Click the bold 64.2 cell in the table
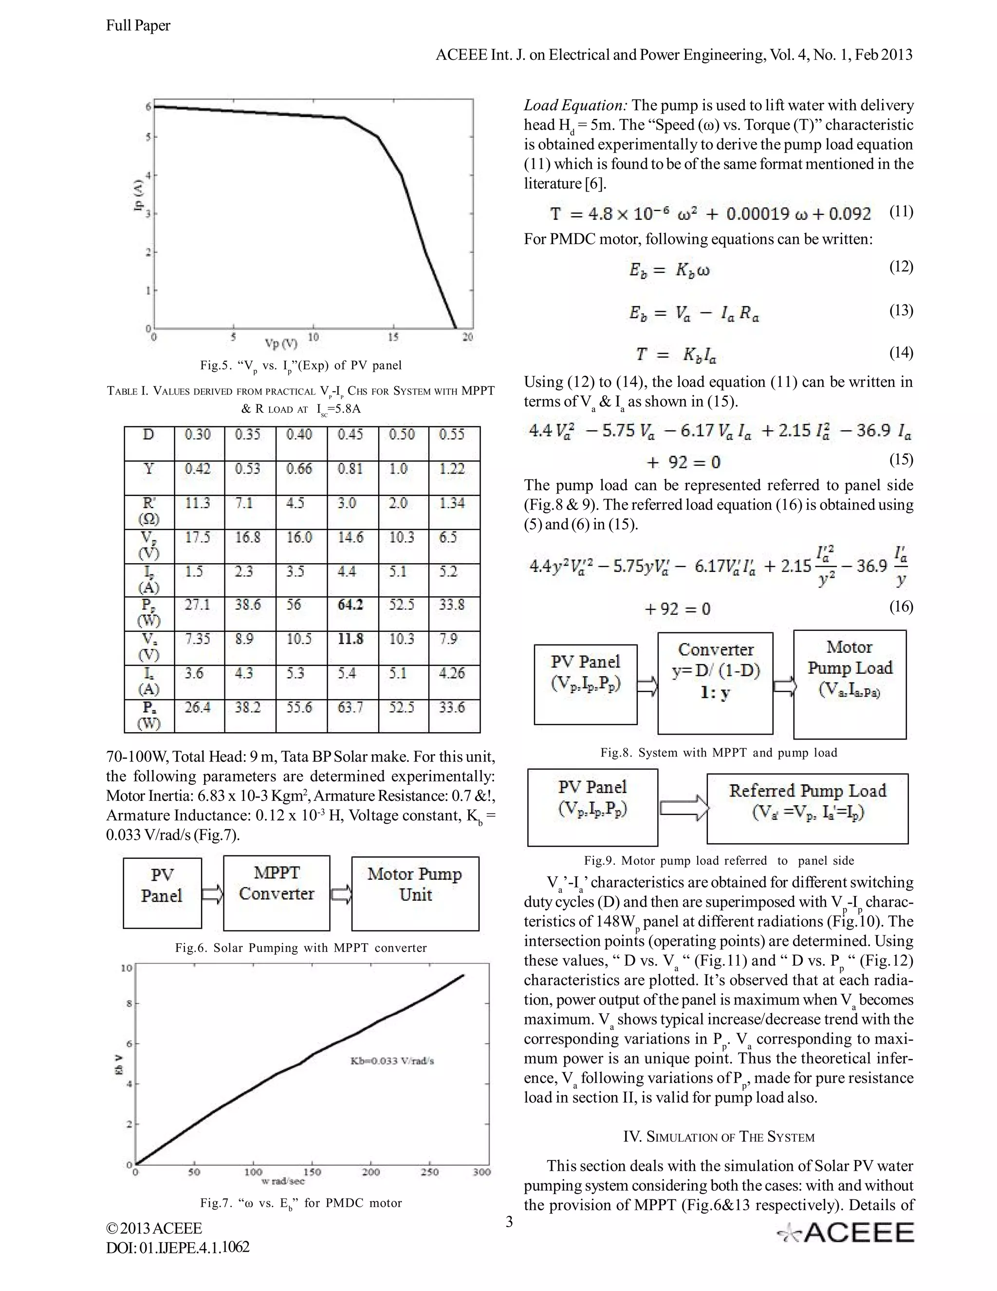click(x=351, y=605)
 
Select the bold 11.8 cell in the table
click(x=351, y=639)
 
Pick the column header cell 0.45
click(x=351, y=435)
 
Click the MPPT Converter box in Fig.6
click(x=277, y=892)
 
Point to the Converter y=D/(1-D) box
click(x=715, y=682)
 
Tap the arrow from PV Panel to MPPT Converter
click(x=213, y=894)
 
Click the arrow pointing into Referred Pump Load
click(x=683, y=807)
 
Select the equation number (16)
click(x=901, y=607)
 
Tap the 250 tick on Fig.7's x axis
click(x=429, y=1172)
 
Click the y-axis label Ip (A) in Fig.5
click(x=138, y=195)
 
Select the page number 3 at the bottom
click(x=509, y=1222)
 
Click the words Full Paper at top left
click(x=138, y=25)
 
